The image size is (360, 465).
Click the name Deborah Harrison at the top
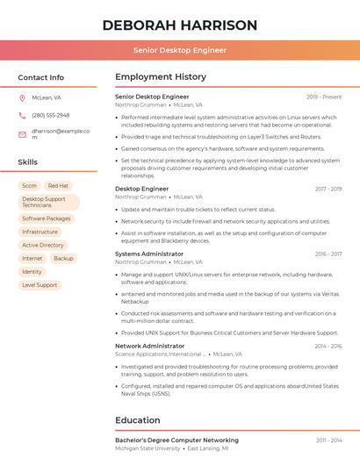[180, 25]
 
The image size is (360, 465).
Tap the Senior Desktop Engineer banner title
[180, 50]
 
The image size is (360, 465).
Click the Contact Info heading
[41, 77]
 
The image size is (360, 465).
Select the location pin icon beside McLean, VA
[22, 97]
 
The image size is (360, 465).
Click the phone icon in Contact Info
[22, 115]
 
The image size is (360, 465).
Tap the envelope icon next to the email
[22, 134]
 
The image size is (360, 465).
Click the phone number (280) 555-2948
[50, 115]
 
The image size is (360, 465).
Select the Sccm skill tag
[29, 186]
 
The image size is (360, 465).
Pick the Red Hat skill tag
[58, 186]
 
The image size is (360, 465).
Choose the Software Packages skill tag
[47, 218]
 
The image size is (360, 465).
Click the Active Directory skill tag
[43, 245]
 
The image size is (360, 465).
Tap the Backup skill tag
[63, 259]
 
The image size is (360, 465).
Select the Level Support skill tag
[40, 285]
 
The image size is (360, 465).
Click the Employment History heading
[161, 77]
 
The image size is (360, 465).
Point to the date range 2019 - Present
[324, 97]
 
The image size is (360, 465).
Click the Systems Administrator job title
[149, 254]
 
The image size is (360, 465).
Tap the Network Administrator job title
[150, 346]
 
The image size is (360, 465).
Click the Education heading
[138, 420]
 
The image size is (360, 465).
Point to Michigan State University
[148, 448]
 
